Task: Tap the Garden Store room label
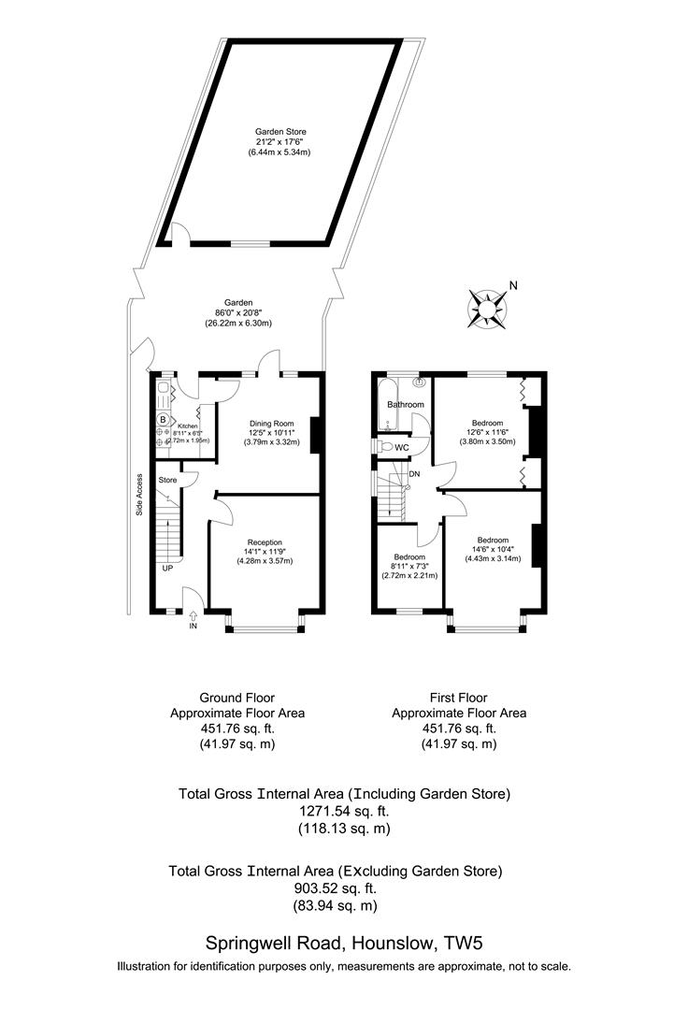click(x=279, y=132)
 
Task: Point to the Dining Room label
click(x=271, y=423)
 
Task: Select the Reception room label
click(x=265, y=541)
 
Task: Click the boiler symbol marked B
click(x=162, y=419)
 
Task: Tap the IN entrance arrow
click(x=193, y=618)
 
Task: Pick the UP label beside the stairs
click(x=167, y=569)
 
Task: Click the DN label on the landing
click(x=415, y=474)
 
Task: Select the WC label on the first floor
click(x=402, y=448)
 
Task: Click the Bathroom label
click(x=406, y=405)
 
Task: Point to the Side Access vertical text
click(x=139, y=495)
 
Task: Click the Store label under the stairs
click(x=168, y=480)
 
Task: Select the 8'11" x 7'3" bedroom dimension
click(x=408, y=567)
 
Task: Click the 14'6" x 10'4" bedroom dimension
click(x=493, y=550)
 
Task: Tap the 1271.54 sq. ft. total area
click(x=344, y=812)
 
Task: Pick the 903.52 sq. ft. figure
click(x=336, y=888)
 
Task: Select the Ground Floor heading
click(x=237, y=697)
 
